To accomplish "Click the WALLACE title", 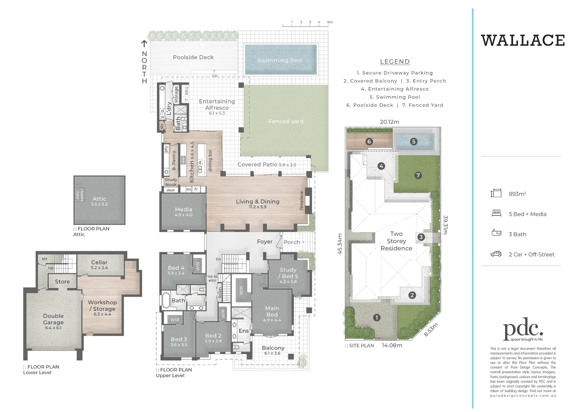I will [x=523, y=41].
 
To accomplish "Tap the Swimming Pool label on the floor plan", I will [x=280, y=60].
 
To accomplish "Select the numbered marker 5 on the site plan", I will [x=414, y=142].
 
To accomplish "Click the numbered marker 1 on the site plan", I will [x=377, y=318].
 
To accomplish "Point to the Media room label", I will [x=183, y=209].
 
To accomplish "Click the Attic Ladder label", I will [x=79, y=195].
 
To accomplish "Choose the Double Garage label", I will [x=53, y=319].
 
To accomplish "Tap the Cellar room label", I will [x=99, y=263].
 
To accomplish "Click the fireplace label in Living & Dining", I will [x=301, y=200].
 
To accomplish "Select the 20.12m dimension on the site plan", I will [x=389, y=122].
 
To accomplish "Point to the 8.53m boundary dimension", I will [x=431, y=330].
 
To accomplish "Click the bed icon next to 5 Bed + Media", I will [x=496, y=214].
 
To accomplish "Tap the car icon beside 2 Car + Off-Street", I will [x=496, y=254].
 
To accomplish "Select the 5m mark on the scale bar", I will [x=330, y=22].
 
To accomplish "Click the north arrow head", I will [x=144, y=43].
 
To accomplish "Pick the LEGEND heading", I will [x=395, y=62].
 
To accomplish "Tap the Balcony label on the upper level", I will [x=273, y=348].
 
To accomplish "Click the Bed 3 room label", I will [x=179, y=339].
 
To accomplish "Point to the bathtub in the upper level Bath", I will [x=166, y=300].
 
